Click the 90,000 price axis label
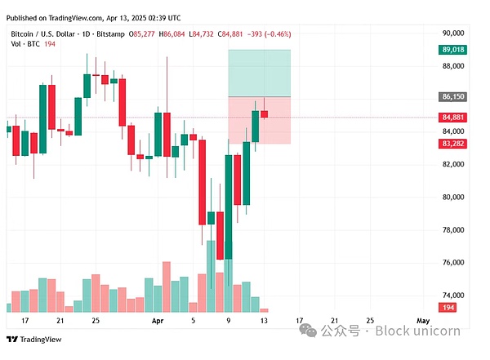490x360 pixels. pyautogui.click(x=452, y=33)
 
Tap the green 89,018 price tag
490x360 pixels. pyautogui.click(x=453, y=50)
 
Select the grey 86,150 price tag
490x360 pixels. pyautogui.click(x=453, y=96)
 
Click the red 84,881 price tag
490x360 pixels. pyautogui.click(x=453, y=117)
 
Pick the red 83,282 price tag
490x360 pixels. pyautogui.click(x=453, y=144)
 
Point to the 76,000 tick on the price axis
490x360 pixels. pyautogui.click(x=452, y=262)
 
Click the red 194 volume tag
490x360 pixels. pyautogui.click(x=448, y=306)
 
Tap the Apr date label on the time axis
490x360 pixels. pyautogui.click(x=159, y=322)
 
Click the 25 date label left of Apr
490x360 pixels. pyautogui.click(x=96, y=322)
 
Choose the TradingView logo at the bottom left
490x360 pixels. pyautogui.click(x=27, y=340)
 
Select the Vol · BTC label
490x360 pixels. pyautogui.click(x=24, y=45)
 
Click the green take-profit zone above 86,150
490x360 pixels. pyautogui.click(x=259, y=73)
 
